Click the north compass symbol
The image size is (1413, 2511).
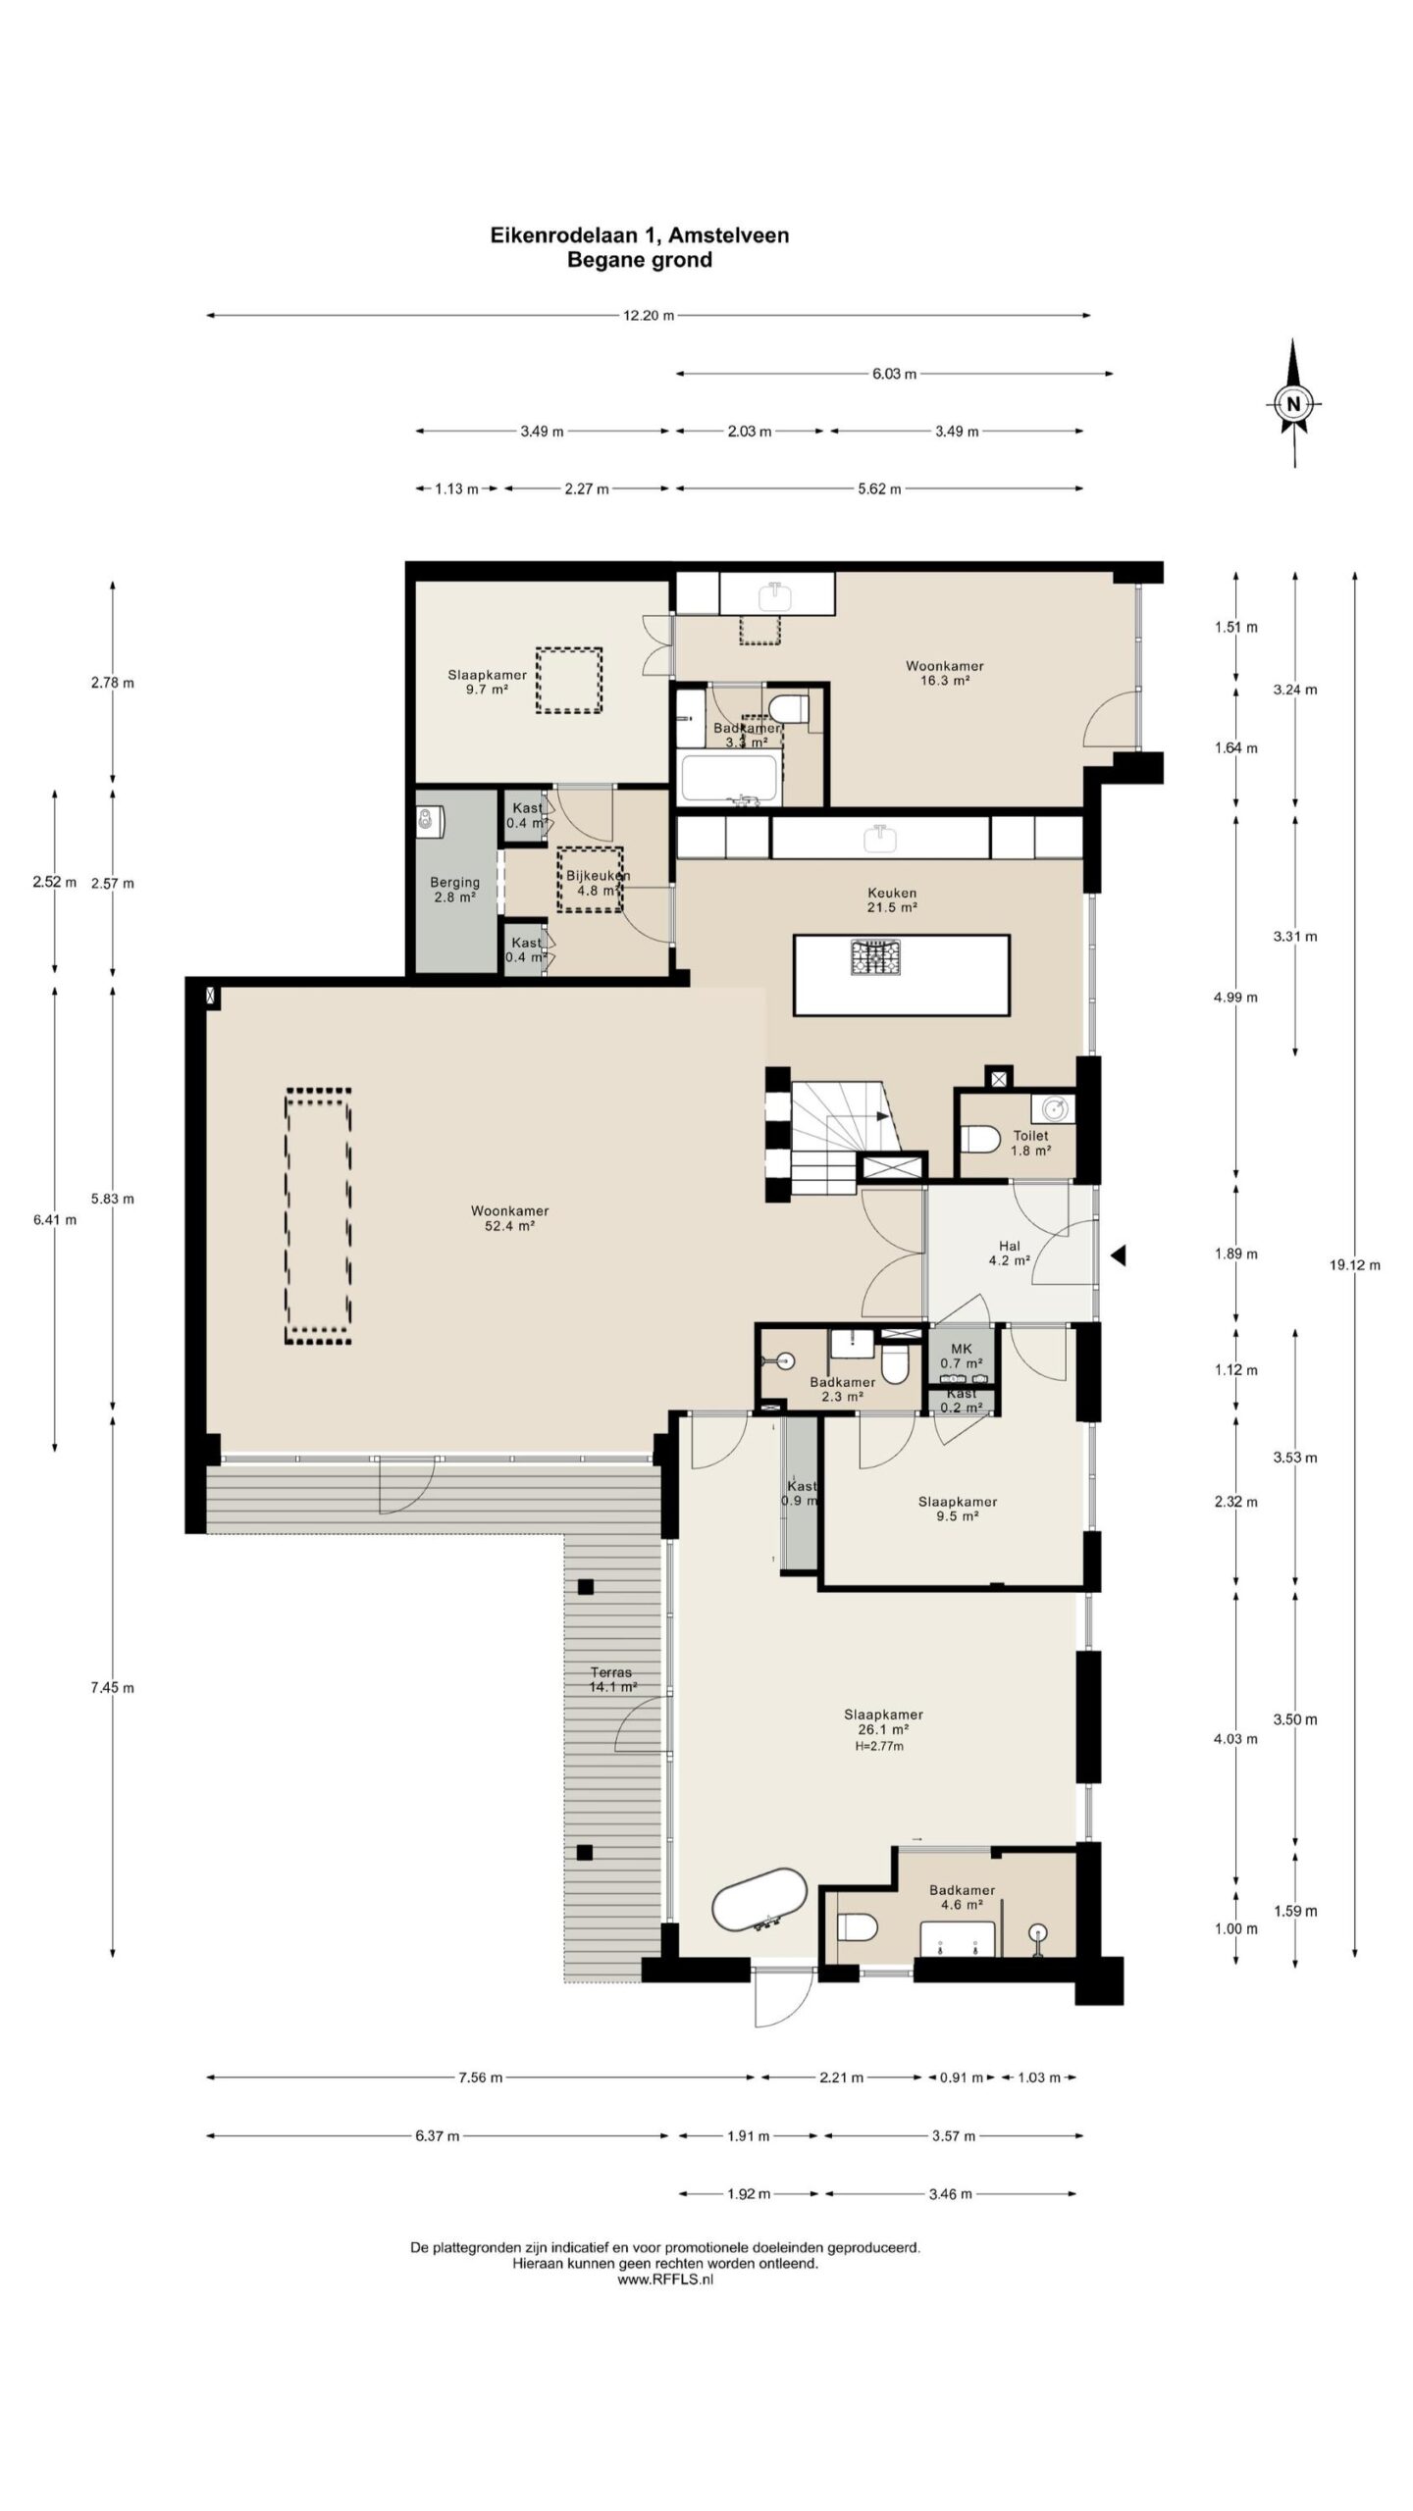coord(1294,402)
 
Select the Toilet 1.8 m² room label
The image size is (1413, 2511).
coord(1030,1143)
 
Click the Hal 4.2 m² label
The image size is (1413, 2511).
coord(1009,1254)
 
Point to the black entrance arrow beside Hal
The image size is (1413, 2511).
coord(1117,1255)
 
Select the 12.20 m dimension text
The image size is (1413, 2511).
coord(649,316)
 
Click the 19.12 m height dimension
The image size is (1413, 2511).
coord(1354,1265)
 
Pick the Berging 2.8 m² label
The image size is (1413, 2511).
coord(454,890)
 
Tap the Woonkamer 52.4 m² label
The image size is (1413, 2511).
coord(509,1218)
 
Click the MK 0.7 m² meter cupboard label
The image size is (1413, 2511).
coord(961,1356)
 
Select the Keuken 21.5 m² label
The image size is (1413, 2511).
coord(891,900)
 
